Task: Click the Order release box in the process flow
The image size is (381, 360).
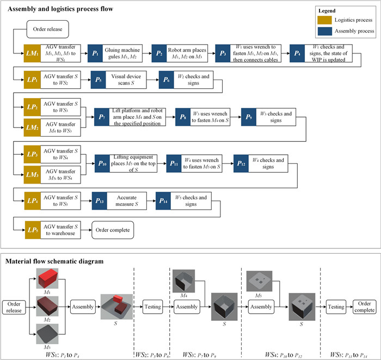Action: coord(46,29)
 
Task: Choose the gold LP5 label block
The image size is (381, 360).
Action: coord(33,230)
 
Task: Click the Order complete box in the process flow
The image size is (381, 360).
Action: coord(113,230)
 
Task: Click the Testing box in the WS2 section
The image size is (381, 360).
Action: coord(153,307)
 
